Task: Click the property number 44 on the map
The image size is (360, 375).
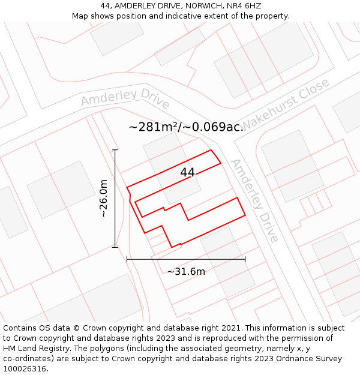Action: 187,172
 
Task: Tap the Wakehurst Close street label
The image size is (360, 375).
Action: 286,103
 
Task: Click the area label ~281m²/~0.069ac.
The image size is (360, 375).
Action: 186,127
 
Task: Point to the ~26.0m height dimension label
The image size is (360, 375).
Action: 103,198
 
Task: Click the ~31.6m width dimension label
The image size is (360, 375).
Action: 186,271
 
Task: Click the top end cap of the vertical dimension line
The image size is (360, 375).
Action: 115,150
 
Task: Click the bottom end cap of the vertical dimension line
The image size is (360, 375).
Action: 115,247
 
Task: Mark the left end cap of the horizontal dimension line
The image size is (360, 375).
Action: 127,259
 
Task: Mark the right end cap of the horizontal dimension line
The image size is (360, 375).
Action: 245,259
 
